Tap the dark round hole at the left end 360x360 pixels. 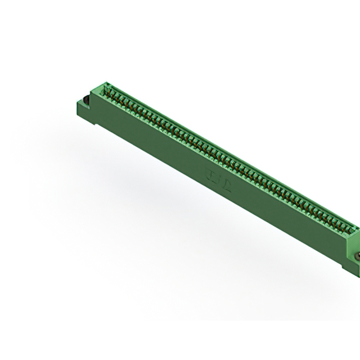pyautogui.click(x=87, y=101)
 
